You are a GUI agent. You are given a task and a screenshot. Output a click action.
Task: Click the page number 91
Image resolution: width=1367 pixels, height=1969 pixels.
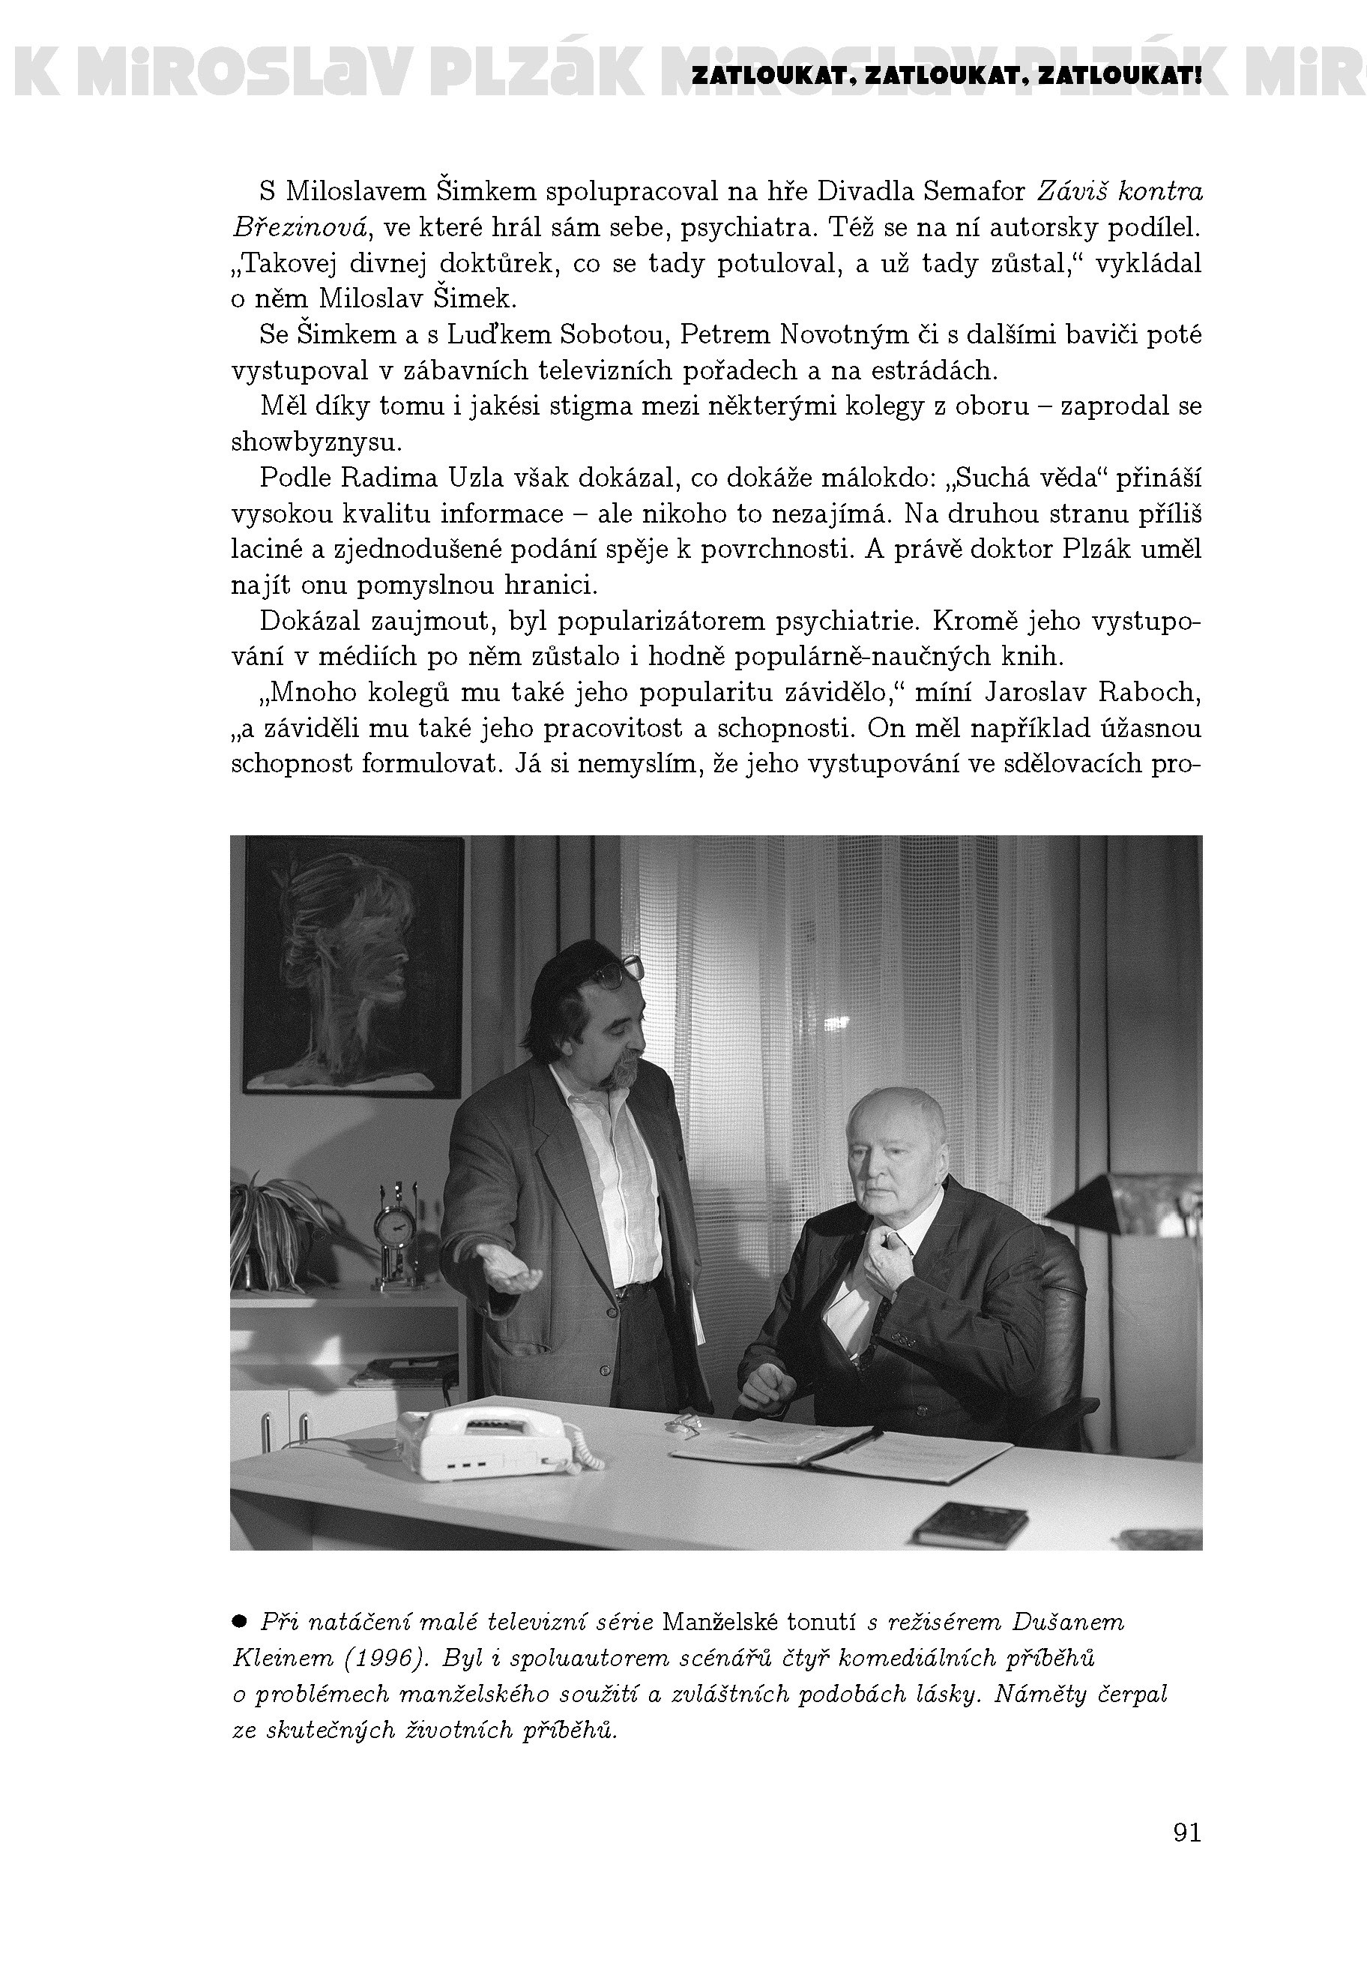pos(1186,1833)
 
